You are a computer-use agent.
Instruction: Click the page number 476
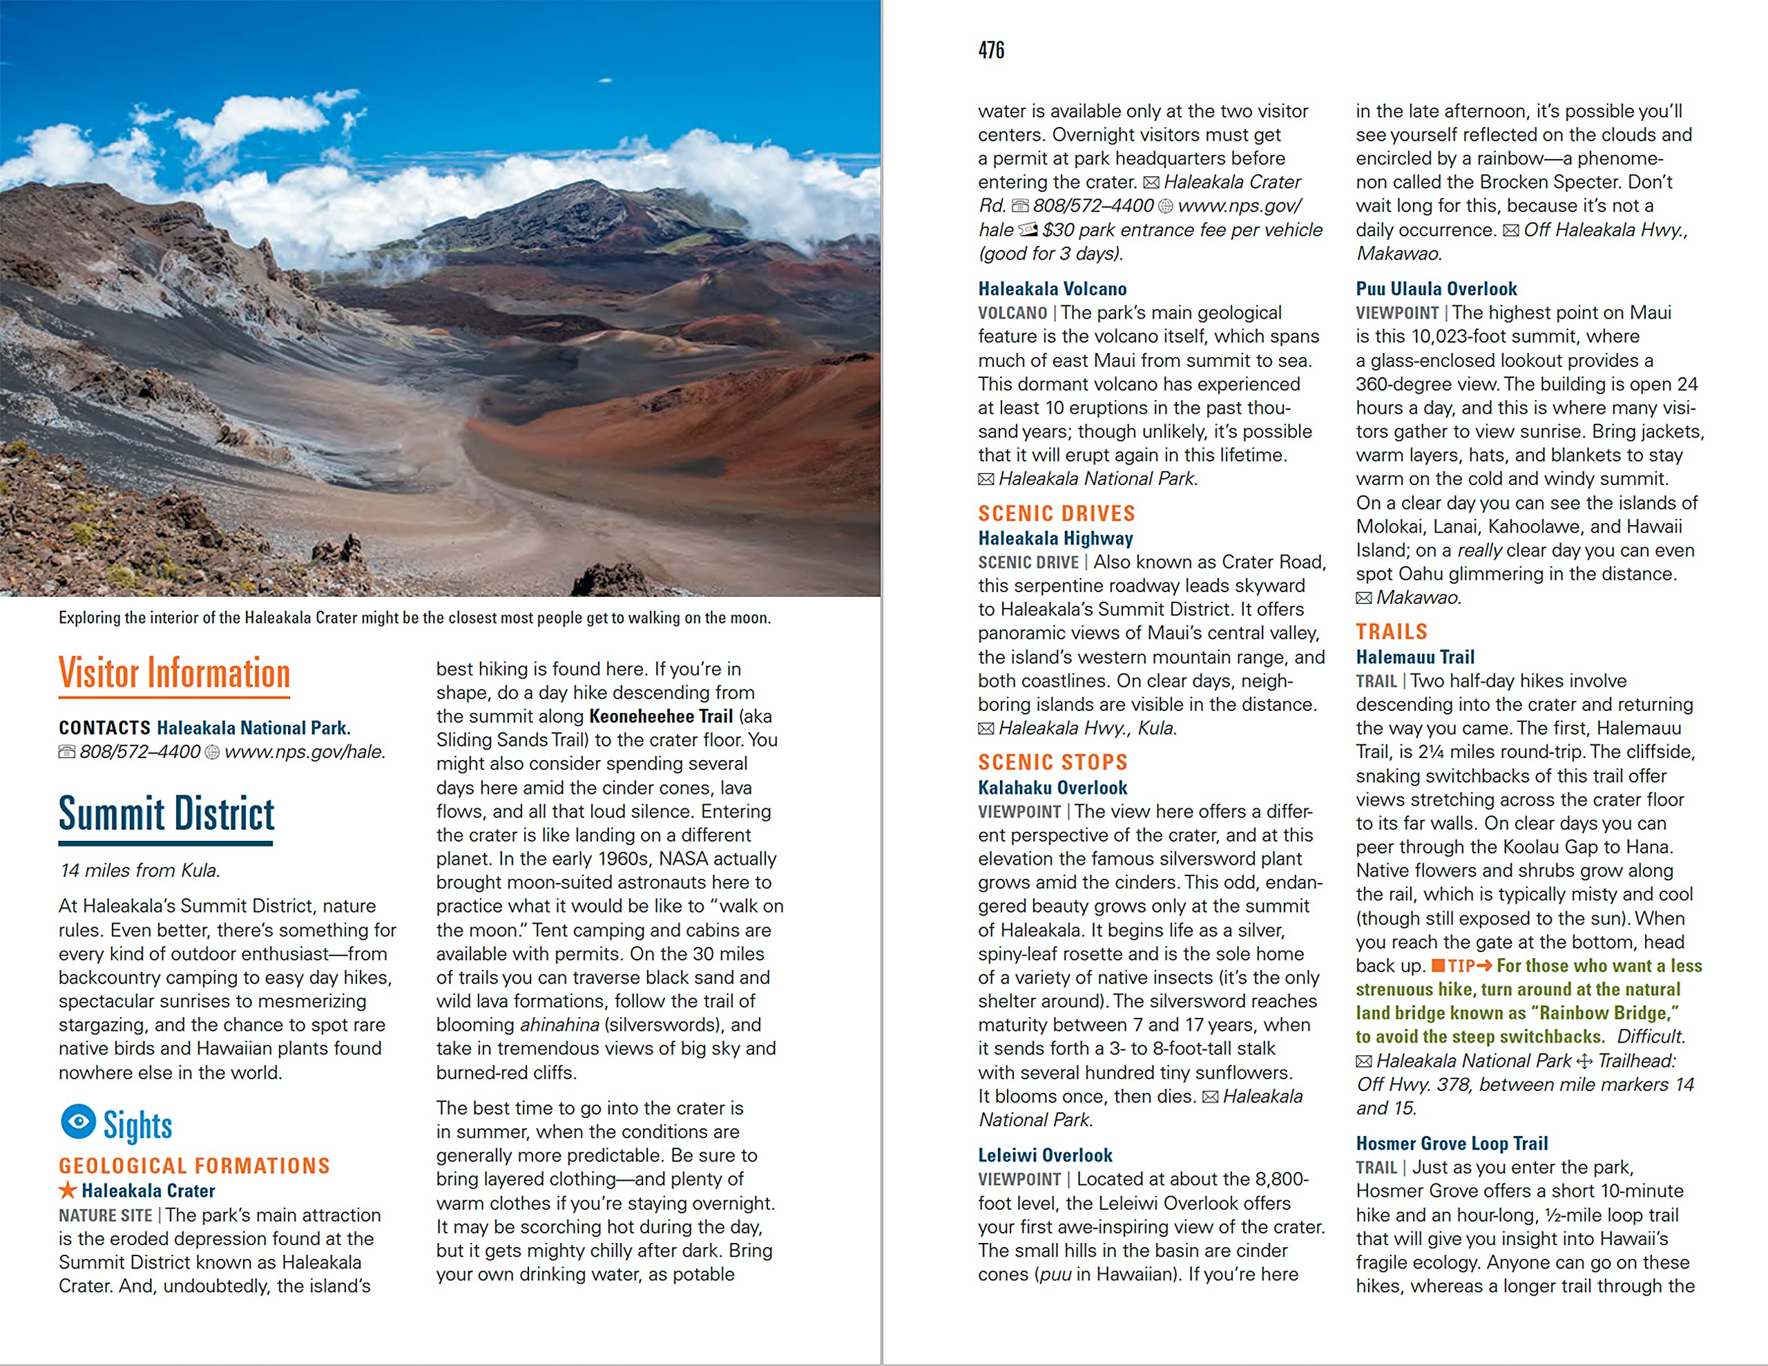991,51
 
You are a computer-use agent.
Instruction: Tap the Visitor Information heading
174,674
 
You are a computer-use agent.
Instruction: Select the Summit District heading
166,814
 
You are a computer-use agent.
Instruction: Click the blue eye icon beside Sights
79,1121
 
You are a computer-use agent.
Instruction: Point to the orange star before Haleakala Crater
68,1190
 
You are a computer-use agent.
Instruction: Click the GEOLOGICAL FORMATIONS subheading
194,1166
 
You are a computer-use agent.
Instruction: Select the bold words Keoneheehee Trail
660,717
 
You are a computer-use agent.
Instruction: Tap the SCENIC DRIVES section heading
1057,513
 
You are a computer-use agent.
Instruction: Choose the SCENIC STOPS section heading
1053,763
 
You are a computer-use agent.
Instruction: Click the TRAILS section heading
1392,632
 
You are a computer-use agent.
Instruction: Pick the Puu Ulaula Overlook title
1436,289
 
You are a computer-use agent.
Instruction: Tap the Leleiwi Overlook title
1045,1155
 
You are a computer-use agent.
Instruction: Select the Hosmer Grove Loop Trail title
1452,1144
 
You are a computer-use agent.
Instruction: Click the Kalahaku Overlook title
1053,788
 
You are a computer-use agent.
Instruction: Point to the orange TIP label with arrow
1462,966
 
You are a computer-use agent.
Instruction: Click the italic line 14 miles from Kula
140,871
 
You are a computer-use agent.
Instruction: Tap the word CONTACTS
104,728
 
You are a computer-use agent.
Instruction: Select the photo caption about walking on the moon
414,618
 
